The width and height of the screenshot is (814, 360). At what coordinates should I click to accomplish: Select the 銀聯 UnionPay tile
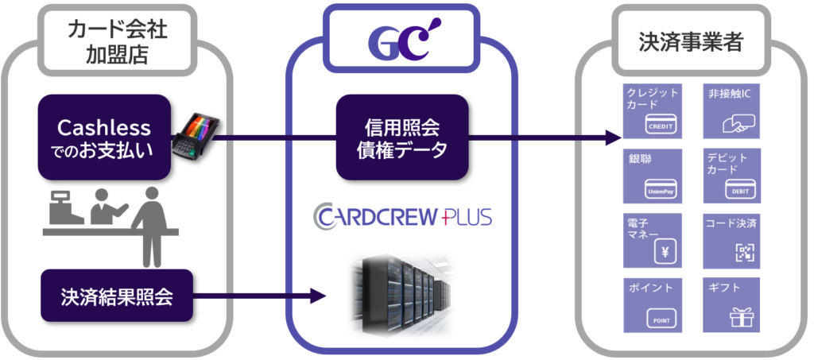652,176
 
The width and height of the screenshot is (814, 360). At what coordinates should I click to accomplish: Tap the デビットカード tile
731,176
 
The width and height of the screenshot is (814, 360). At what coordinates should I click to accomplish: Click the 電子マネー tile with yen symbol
652,239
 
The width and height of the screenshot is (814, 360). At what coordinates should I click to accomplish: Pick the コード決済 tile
731,239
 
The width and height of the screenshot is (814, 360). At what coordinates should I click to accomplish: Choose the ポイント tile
652,304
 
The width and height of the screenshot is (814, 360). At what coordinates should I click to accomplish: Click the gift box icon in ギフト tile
741,317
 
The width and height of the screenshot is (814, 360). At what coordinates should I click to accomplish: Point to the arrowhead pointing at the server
320,297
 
